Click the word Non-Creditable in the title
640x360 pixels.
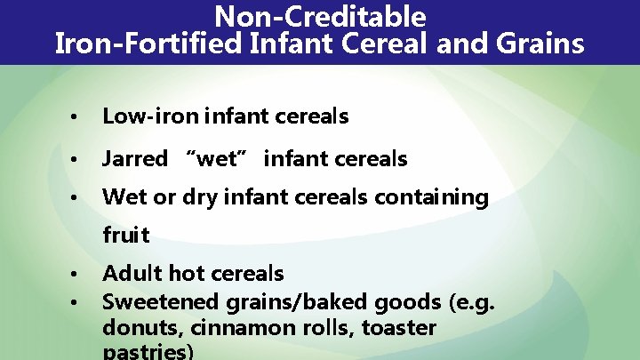[x=320, y=16]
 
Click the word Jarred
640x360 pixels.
[x=135, y=159]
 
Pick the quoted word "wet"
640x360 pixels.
[x=216, y=159]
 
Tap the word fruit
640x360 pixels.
[x=126, y=236]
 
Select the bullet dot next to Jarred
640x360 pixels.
[x=79, y=160]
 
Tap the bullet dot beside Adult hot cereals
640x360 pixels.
[x=79, y=274]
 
